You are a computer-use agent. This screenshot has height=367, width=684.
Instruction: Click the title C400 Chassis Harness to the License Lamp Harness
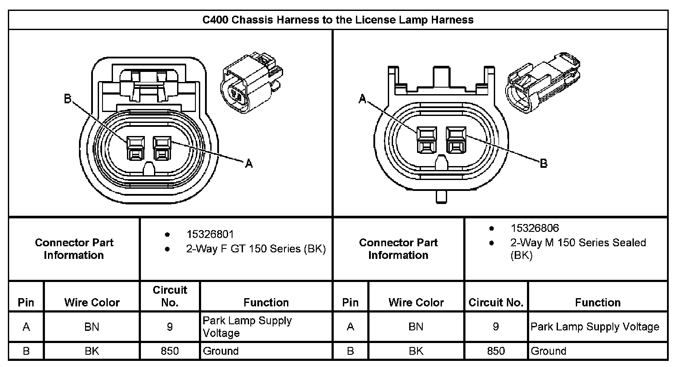click(x=338, y=20)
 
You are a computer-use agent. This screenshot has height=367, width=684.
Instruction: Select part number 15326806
click(x=534, y=228)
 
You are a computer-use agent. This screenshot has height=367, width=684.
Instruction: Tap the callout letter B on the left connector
click(x=68, y=99)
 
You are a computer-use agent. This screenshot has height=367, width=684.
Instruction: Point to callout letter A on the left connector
click(x=249, y=163)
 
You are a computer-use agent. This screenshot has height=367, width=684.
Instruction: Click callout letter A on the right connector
click(x=362, y=99)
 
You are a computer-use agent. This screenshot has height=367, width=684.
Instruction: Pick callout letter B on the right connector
click(x=544, y=163)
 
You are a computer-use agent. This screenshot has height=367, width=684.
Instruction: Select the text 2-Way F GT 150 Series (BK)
click(x=256, y=248)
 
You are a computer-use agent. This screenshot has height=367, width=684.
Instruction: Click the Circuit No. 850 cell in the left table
click(x=170, y=351)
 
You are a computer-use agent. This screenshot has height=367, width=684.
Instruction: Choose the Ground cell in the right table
click(x=548, y=351)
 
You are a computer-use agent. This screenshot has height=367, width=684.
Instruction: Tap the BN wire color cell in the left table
click(x=92, y=327)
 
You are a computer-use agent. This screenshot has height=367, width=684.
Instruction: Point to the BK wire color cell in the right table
click(x=416, y=351)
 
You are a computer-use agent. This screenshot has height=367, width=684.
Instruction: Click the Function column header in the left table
click(x=266, y=302)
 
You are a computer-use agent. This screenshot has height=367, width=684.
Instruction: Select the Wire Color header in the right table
click(x=416, y=302)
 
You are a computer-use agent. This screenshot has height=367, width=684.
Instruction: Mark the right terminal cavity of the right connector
click(x=456, y=140)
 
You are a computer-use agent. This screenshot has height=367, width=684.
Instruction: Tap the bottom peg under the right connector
click(x=441, y=197)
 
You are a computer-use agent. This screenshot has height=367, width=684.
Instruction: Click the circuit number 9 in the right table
click(x=496, y=327)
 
